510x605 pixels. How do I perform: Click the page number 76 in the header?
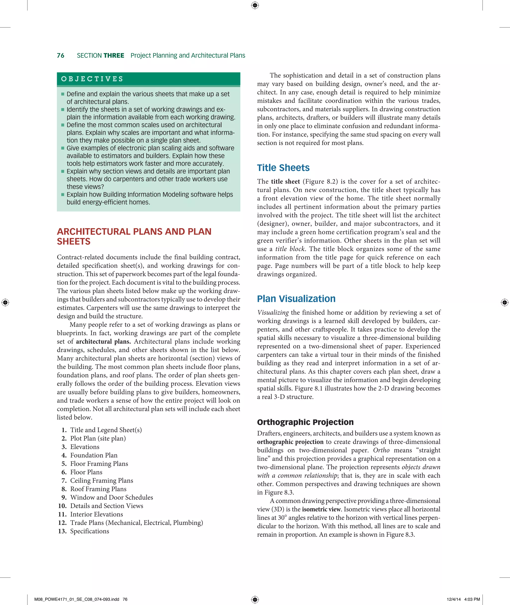click(61, 56)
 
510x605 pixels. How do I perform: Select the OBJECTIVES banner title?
click(92, 79)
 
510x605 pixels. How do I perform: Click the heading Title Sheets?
click(283, 168)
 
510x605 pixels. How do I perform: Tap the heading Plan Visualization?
click(296, 298)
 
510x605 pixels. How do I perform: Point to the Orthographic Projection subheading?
click(305, 422)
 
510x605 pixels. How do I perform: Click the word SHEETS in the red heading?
click(73, 242)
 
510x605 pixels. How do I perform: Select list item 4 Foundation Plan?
click(94, 455)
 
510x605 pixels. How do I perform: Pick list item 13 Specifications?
click(89, 531)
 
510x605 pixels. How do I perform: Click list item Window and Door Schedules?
click(112, 497)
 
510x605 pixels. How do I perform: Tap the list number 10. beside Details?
click(62, 506)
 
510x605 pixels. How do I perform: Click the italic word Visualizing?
click(273, 312)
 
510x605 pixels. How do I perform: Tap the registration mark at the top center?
click(255, 5)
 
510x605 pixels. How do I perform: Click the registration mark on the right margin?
click(504, 302)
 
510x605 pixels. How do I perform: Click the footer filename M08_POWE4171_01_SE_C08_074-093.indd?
click(77, 599)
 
